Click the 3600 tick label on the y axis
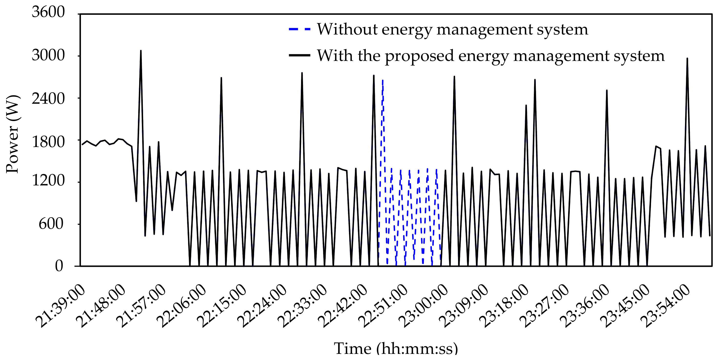pyautogui.click(x=48, y=12)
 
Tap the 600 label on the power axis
pyautogui.click(x=51, y=224)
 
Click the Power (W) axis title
pyautogui.click(x=13, y=134)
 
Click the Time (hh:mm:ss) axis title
pyautogui.click(x=396, y=348)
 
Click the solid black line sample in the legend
pyautogui.click(x=300, y=56)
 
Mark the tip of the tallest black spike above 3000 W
pyautogui.click(x=141, y=51)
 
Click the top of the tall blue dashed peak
pyautogui.click(x=383, y=80)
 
